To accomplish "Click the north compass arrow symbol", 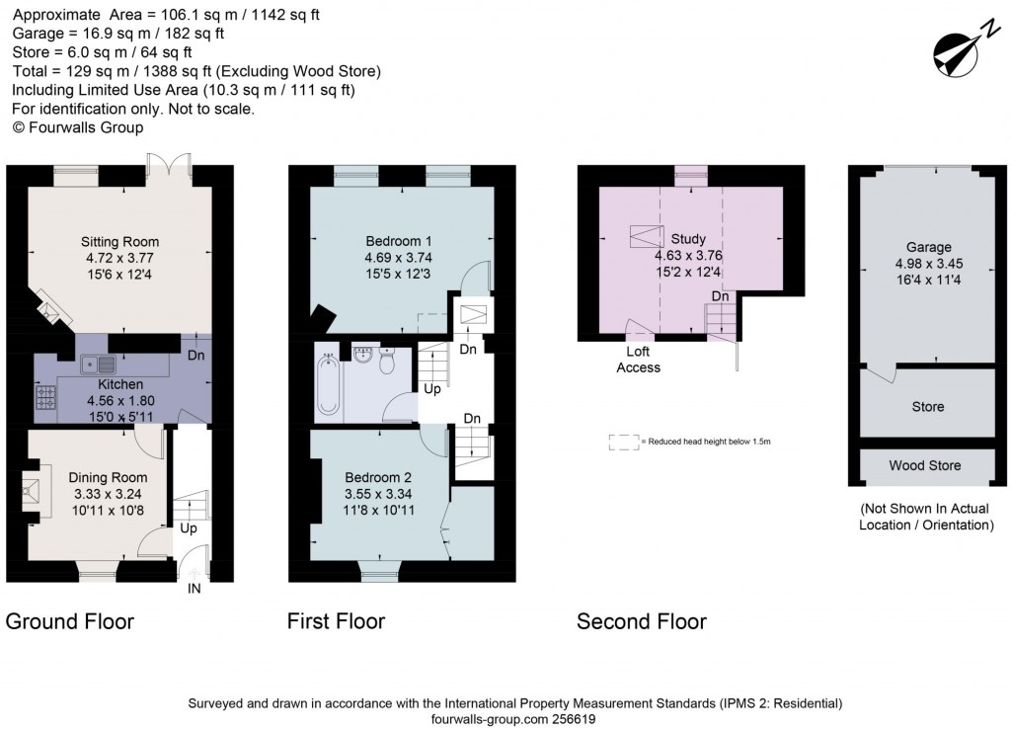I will [954, 48].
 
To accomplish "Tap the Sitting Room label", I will [120, 242].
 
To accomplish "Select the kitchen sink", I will [100, 363].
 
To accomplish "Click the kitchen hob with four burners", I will [45, 397].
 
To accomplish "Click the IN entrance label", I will [194, 590].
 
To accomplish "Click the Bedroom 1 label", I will [399, 242].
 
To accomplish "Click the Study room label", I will [688, 238].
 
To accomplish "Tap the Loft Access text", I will [638, 360].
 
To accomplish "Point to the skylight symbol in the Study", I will [647, 237].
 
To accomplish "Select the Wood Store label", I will [925, 465].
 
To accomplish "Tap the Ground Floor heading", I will [70, 621].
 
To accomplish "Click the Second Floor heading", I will [642, 621].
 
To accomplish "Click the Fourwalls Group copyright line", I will [78, 127].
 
